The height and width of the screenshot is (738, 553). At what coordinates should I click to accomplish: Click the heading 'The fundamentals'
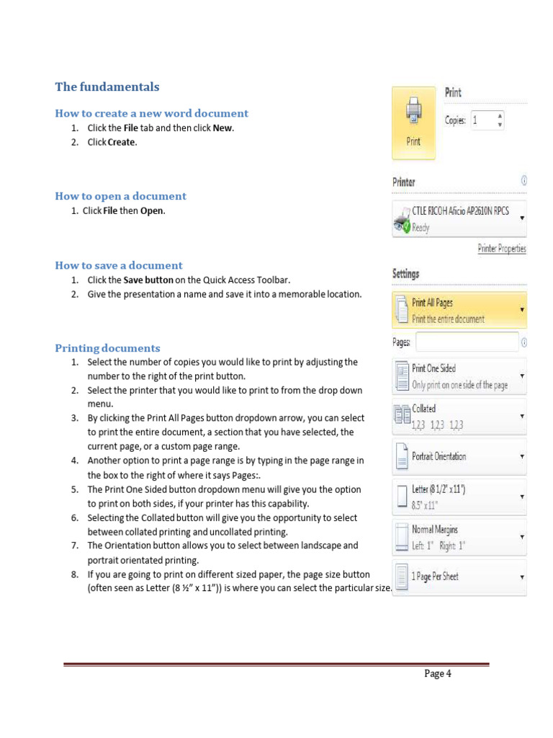(x=107, y=87)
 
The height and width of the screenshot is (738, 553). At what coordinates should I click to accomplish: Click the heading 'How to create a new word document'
(x=151, y=113)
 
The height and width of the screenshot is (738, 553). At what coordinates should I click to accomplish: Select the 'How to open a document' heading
(x=120, y=196)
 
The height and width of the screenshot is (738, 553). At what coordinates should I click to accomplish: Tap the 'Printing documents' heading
(x=107, y=348)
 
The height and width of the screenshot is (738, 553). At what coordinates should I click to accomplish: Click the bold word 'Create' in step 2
(x=121, y=142)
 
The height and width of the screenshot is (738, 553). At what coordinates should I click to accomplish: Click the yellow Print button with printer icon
(x=413, y=123)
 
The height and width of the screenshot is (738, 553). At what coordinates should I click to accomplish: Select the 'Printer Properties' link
(x=501, y=249)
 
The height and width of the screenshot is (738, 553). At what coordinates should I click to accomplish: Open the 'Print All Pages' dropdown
(x=459, y=311)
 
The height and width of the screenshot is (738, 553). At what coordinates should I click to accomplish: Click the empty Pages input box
(x=467, y=342)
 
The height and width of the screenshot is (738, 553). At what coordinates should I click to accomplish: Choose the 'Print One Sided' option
(x=459, y=376)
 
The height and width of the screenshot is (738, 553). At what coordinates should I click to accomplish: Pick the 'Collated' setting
(x=459, y=417)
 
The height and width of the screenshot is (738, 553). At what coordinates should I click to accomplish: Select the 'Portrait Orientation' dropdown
(x=459, y=456)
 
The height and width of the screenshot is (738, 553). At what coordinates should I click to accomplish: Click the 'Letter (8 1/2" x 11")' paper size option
(x=459, y=497)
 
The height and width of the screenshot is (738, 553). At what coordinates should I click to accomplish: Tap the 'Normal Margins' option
(x=459, y=537)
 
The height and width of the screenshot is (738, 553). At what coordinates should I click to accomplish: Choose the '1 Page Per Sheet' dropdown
(x=459, y=577)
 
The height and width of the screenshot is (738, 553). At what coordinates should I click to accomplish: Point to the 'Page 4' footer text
(x=437, y=674)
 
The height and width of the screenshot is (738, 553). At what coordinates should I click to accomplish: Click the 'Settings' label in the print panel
(x=405, y=274)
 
